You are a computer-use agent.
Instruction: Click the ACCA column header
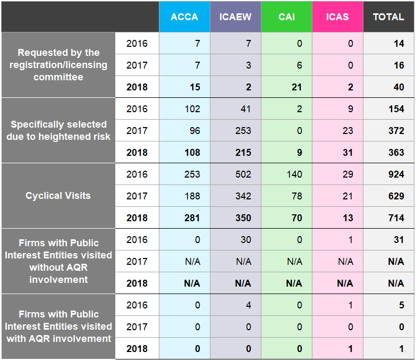(184, 17)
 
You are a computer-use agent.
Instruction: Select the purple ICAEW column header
(235, 17)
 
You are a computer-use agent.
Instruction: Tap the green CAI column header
(286, 17)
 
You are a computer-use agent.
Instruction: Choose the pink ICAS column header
(337, 17)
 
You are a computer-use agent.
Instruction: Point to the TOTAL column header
(388, 17)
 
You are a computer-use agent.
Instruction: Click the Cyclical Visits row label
(58, 196)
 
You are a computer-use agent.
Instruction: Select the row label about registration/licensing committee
(58, 65)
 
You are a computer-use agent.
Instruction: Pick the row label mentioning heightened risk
(58, 130)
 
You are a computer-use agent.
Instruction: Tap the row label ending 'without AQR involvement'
(58, 261)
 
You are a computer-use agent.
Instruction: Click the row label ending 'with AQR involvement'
(58, 326)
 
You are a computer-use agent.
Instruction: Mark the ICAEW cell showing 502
(235, 174)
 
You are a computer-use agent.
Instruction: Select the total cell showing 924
(388, 174)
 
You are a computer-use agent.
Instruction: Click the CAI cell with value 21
(286, 87)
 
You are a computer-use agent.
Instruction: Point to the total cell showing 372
(388, 131)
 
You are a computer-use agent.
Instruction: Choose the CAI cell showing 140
(286, 174)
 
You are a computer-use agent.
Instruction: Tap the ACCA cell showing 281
(184, 218)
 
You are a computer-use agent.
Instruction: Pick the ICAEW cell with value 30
(235, 240)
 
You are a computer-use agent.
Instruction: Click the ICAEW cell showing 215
(235, 153)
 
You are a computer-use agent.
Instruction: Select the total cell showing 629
(388, 196)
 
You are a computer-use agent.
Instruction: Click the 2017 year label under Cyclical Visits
(137, 196)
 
